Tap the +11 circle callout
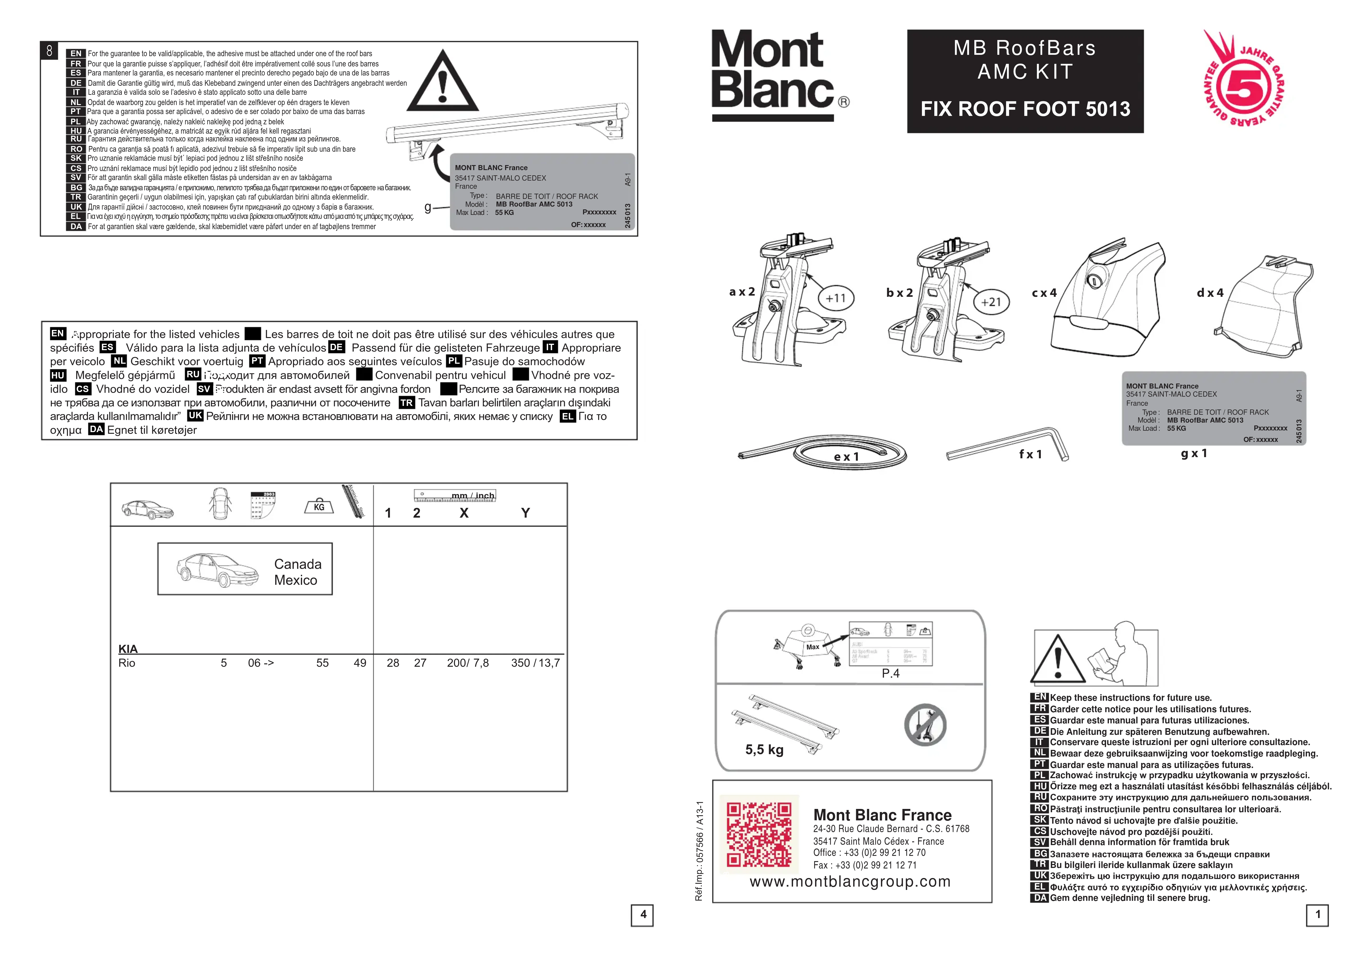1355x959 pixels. pos(835,298)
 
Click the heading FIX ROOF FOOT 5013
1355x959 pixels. pos(1025,109)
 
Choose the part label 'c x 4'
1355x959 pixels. pos(1044,293)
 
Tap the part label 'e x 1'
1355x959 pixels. pos(846,456)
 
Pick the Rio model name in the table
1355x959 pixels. pos(127,663)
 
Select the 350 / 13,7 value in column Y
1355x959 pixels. pos(535,663)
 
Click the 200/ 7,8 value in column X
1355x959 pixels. pos(468,663)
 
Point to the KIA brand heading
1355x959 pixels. pos(128,649)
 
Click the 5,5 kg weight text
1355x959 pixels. pos(764,750)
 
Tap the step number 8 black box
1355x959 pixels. pos(50,51)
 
